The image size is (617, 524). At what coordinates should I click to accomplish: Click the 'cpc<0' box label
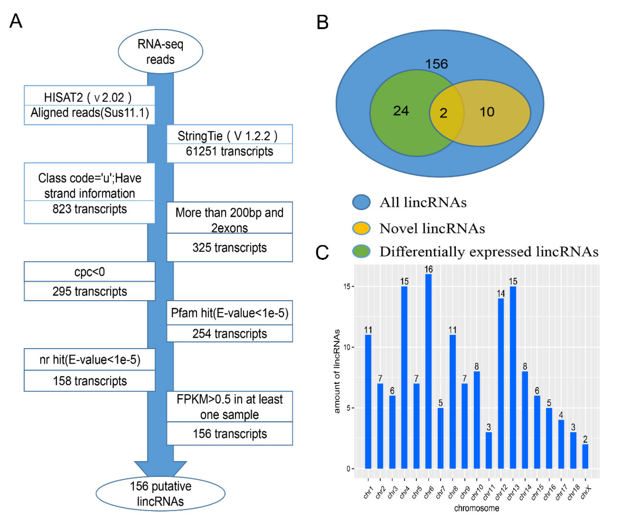pos(89,272)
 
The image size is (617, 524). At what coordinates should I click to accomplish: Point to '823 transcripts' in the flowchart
pos(89,209)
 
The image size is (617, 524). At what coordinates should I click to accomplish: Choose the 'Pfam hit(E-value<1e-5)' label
pos(229,313)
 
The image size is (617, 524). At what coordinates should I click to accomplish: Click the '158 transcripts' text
pos(89,381)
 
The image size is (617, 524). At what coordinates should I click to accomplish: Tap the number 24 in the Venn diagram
pos(401,111)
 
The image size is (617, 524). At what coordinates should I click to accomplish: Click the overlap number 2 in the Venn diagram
pos(443,113)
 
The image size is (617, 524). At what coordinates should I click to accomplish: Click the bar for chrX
pos(585,457)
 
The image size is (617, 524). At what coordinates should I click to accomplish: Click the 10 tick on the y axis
pos(347,347)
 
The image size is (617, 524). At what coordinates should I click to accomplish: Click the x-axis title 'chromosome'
pos(476,508)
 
